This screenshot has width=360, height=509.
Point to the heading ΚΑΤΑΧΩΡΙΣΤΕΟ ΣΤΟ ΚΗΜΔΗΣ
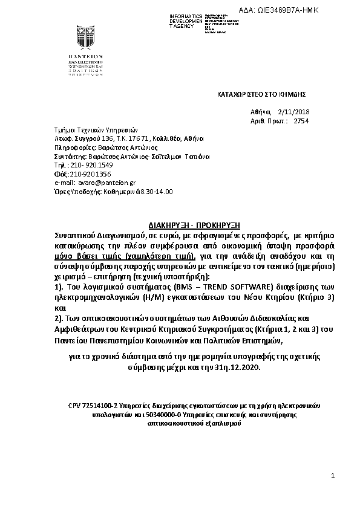(262, 95)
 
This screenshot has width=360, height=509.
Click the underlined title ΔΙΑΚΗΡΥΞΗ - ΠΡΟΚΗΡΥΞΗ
(182, 222)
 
